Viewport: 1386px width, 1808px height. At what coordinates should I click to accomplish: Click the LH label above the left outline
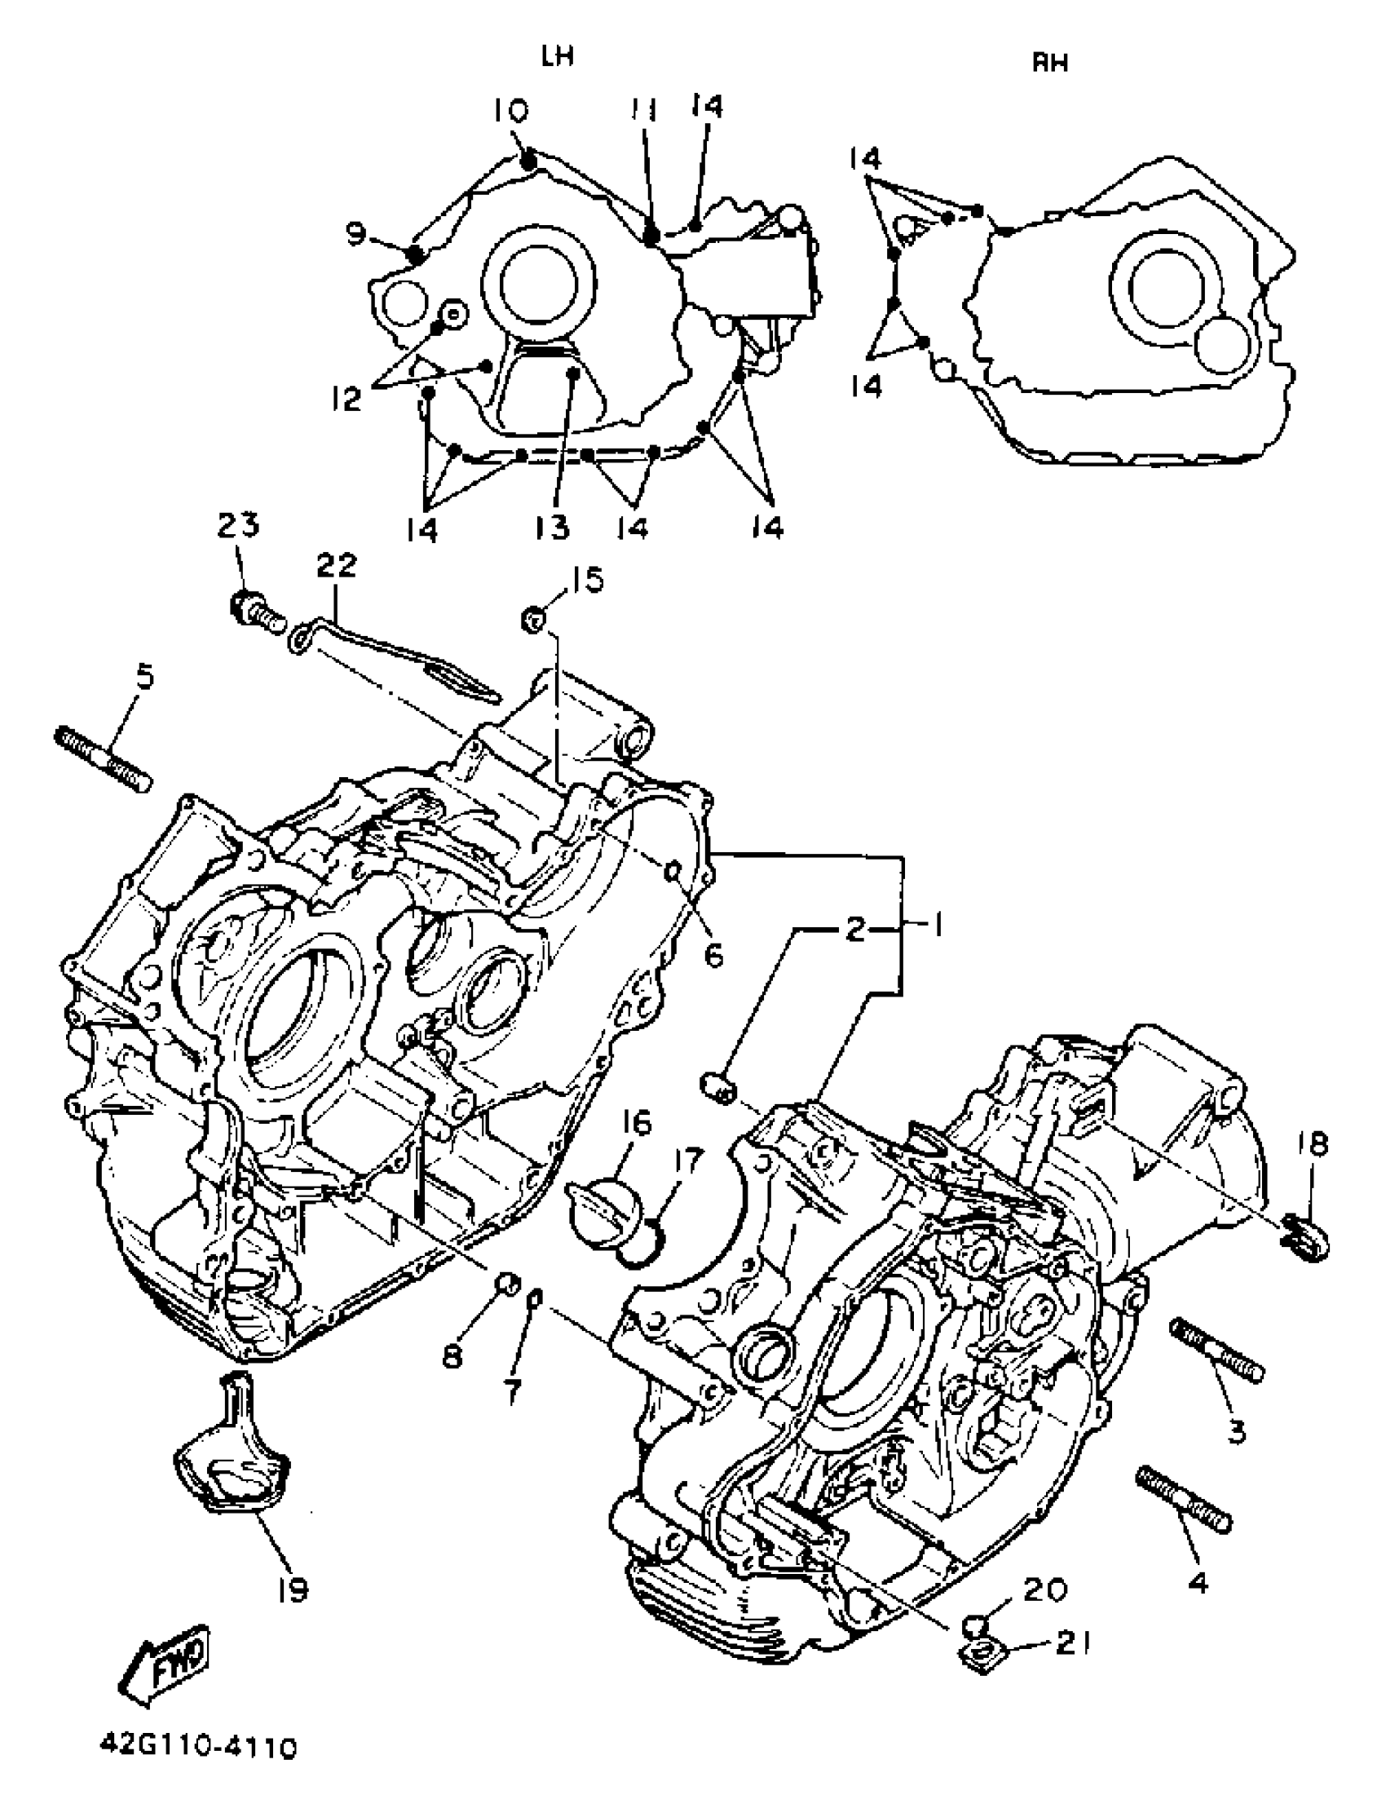pyautogui.click(x=558, y=56)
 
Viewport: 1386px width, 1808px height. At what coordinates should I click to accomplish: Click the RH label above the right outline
pyautogui.click(x=1050, y=63)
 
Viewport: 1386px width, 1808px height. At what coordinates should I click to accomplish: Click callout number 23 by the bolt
pyautogui.click(x=238, y=526)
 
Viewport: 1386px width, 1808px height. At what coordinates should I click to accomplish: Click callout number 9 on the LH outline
pyautogui.click(x=355, y=234)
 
